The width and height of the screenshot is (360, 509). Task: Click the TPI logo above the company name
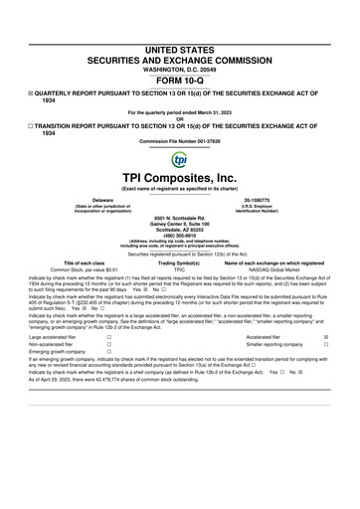click(x=179, y=161)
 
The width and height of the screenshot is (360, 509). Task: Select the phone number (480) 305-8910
click(x=179, y=236)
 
